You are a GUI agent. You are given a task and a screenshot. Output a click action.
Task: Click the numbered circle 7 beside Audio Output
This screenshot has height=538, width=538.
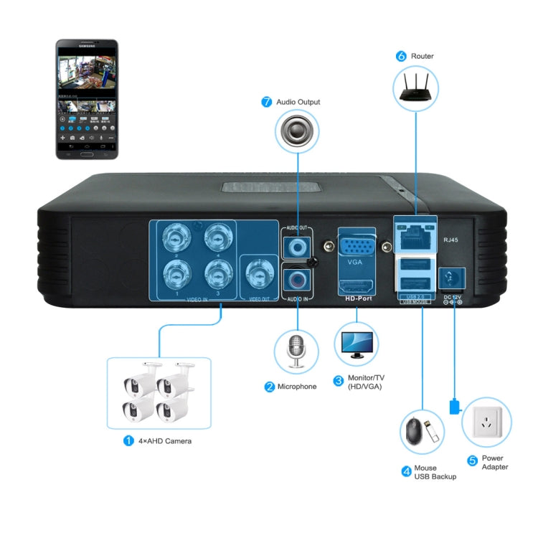(x=267, y=103)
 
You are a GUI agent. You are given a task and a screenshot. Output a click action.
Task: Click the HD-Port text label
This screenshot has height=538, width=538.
(x=357, y=298)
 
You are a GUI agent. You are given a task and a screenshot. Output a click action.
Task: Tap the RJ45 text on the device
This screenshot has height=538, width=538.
(x=452, y=241)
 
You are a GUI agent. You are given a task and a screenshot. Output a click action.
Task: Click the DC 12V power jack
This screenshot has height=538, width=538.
(x=450, y=278)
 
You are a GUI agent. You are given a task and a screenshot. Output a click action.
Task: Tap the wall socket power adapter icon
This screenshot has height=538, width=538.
(x=487, y=423)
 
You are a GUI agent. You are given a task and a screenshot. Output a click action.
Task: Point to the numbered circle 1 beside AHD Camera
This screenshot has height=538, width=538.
(x=128, y=440)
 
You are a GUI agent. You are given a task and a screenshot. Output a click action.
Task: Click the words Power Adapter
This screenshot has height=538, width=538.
(x=495, y=463)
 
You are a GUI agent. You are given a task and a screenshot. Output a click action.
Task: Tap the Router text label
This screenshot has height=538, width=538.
(x=423, y=56)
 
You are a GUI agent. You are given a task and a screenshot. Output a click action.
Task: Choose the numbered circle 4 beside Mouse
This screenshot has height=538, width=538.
(x=406, y=471)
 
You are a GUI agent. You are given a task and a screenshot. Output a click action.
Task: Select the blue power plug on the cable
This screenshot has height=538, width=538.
(x=453, y=407)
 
